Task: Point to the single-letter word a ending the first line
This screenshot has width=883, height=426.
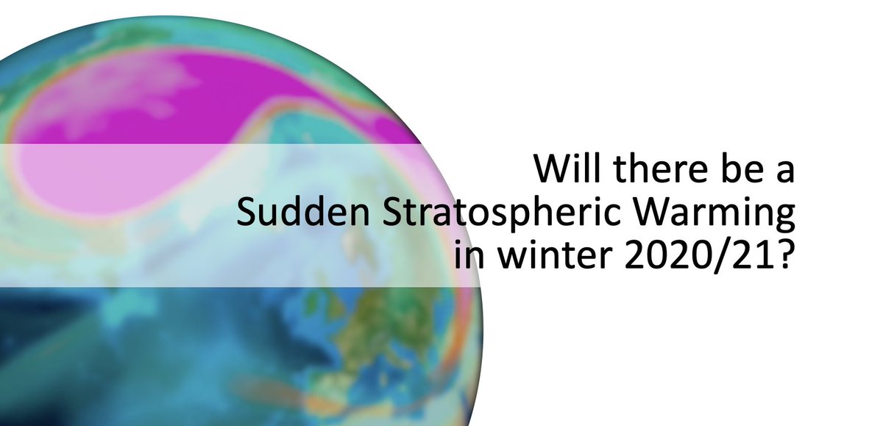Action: click(x=785, y=174)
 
